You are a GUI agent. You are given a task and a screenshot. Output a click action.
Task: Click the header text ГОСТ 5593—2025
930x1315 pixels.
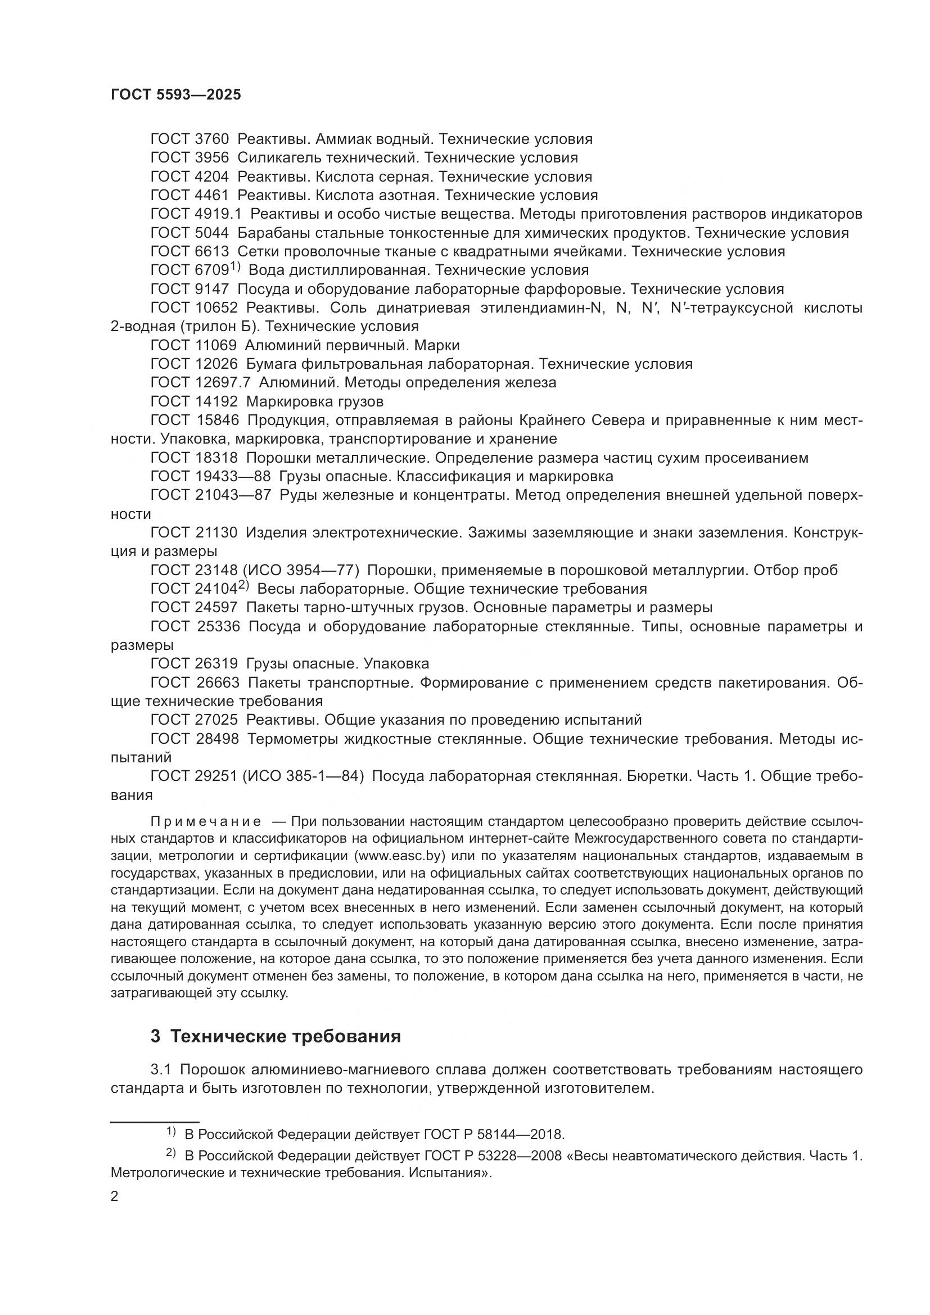point(176,95)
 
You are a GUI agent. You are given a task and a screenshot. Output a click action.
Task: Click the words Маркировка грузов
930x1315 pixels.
point(315,401)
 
